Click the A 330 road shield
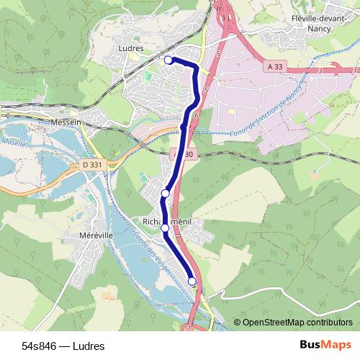coord(184,155)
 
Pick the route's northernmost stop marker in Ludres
coord(168,60)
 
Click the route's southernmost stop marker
coord(192,282)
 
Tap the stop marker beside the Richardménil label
coord(165,228)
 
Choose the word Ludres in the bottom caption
coord(89,346)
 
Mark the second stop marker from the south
coord(165,228)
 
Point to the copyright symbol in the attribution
coord(238,323)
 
